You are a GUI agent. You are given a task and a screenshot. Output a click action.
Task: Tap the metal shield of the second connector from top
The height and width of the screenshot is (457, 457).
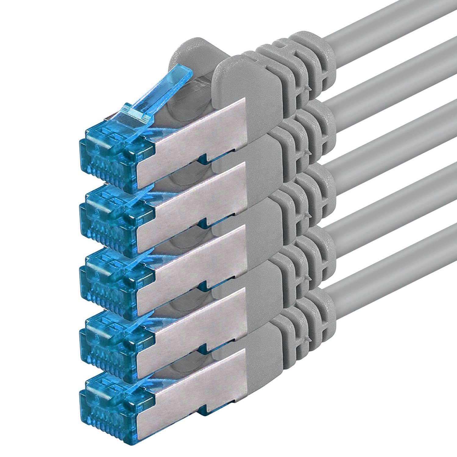(195, 195)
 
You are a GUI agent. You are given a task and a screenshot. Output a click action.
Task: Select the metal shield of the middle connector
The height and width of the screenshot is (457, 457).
(195, 259)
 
